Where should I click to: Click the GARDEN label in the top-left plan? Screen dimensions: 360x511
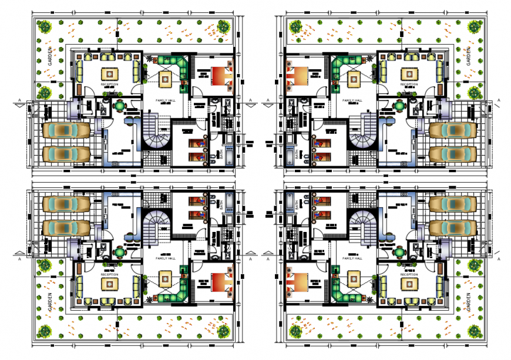pyautogui.click(x=51, y=57)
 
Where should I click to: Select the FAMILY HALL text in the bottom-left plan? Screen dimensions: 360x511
pyautogui.click(x=165, y=258)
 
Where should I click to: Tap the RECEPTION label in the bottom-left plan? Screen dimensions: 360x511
pyautogui.click(x=109, y=274)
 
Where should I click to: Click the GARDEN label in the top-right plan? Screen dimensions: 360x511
pyautogui.click(x=468, y=57)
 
